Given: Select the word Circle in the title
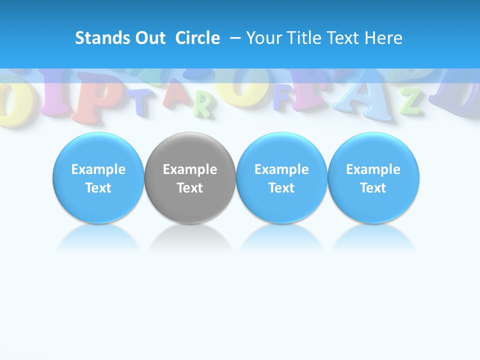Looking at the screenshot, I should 197,38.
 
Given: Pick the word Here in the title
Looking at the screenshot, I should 384,38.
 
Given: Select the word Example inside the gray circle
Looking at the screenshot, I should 190,169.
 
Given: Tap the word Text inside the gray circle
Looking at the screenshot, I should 190,188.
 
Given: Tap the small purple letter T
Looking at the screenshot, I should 143,100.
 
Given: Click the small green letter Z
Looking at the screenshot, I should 411,100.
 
